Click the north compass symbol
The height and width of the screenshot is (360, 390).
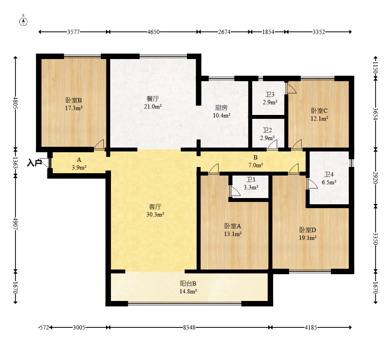click(x=23, y=21)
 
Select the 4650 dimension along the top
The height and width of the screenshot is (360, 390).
click(x=153, y=32)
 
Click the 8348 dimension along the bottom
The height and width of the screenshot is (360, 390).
click(x=189, y=327)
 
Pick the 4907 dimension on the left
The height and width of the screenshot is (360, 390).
click(x=16, y=224)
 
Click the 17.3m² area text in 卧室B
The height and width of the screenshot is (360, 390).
click(x=74, y=108)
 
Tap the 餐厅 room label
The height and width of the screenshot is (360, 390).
click(x=153, y=99)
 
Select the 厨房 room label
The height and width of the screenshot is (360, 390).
click(x=221, y=108)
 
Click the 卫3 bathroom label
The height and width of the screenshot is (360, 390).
click(x=270, y=95)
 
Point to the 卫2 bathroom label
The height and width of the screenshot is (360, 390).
click(x=267, y=130)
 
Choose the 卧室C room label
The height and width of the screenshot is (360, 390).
click(x=319, y=111)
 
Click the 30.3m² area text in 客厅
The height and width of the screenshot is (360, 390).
click(x=155, y=214)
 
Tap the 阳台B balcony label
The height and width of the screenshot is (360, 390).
click(x=188, y=283)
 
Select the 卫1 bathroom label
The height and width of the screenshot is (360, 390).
click(x=251, y=179)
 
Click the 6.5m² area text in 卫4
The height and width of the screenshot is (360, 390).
click(x=329, y=182)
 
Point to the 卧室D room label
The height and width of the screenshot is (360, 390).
click(x=308, y=230)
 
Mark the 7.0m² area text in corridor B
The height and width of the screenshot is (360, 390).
click(x=256, y=165)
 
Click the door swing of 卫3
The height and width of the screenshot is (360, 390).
click(x=291, y=89)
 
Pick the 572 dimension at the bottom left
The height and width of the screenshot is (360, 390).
click(x=44, y=327)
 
